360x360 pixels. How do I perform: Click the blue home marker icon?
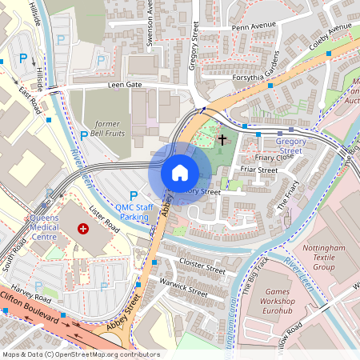tap(180, 173)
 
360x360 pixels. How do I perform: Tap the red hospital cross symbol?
tap(82, 229)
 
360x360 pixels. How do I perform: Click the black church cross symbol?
tap(222, 140)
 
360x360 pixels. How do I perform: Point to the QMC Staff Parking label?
tap(133, 211)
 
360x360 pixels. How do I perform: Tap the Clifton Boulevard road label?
tap(32, 311)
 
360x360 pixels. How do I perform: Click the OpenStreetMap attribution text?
tap(81, 354)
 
